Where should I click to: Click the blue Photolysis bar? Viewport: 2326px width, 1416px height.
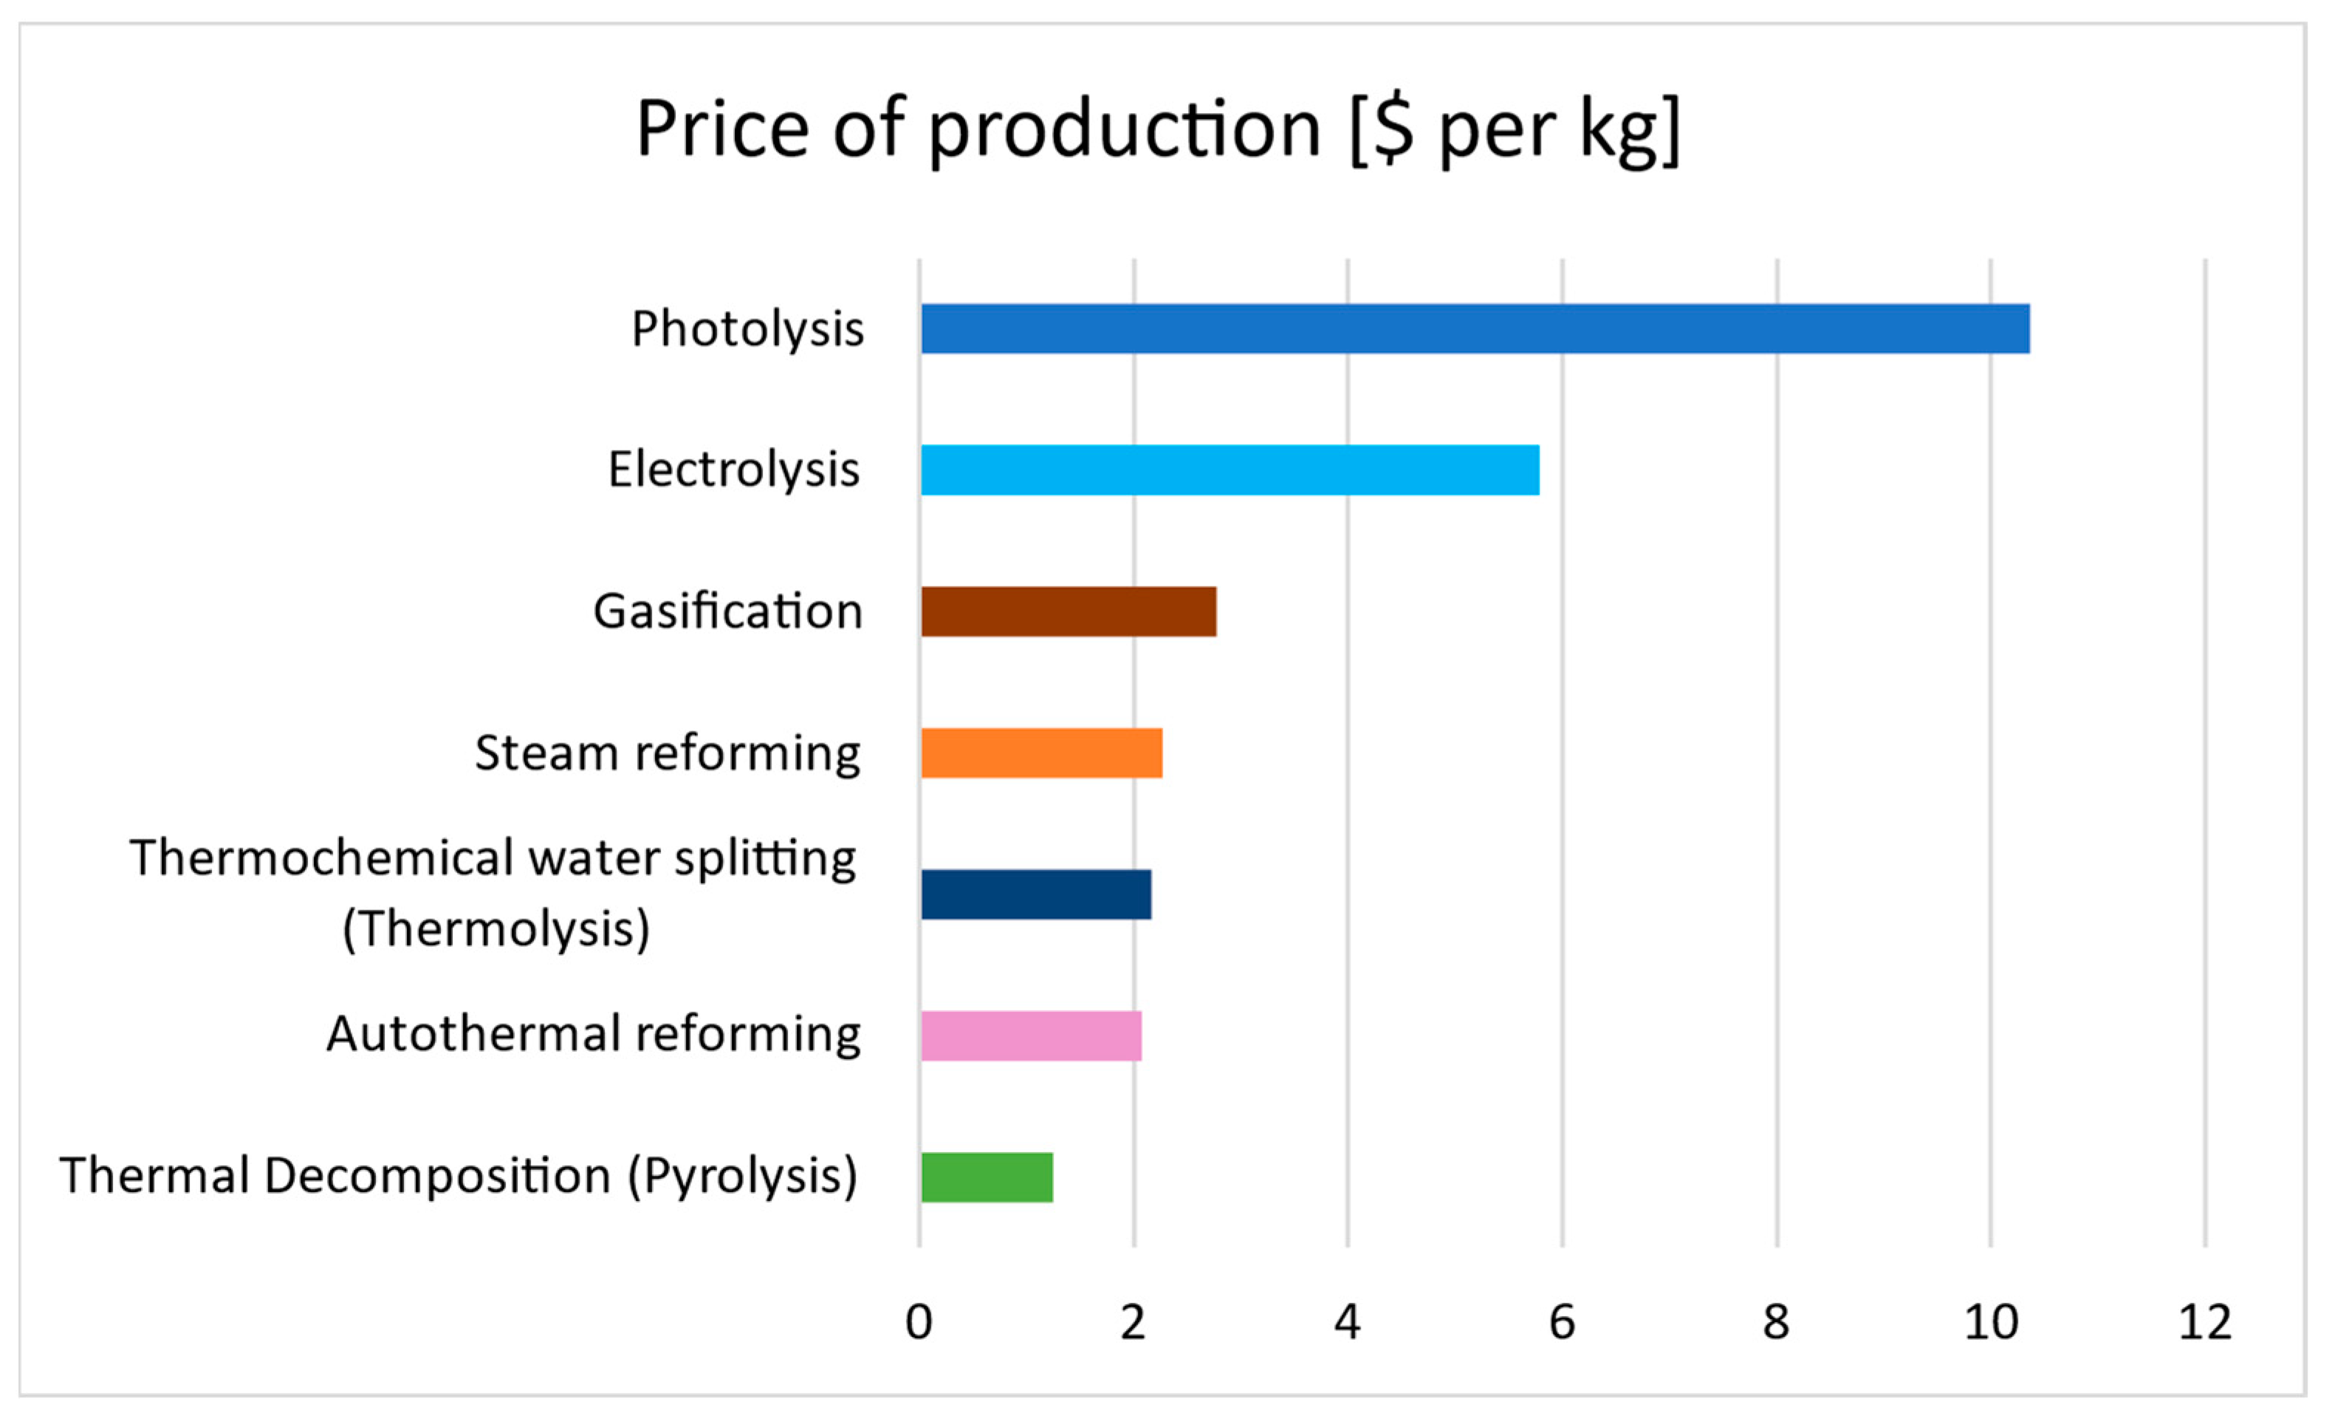pyautogui.click(x=1475, y=329)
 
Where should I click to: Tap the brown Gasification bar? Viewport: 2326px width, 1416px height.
pyautogui.click(x=1068, y=612)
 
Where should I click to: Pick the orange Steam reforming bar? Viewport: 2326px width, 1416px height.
pyautogui.click(x=1041, y=753)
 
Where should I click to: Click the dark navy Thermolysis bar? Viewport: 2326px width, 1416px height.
pyautogui.click(x=1035, y=894)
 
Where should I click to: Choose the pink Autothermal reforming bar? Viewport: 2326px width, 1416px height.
pyautogui.click(x=1031, y=1036)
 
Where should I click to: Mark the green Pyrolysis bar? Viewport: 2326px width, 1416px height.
pyautogui.click(x=987, y=1177)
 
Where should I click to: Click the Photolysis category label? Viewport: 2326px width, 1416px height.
pyautogui.click(x=747, y=329)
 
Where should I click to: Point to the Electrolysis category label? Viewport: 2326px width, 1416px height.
pyautogui.click(x=733, y=470)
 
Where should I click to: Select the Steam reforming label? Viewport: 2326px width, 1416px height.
pyautogui.click(x=667, y=753)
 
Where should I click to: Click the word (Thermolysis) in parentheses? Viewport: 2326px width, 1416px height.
pyautogui.click(x=495, y=929)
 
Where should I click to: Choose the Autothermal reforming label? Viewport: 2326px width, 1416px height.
pyautogui.click(x=593, y=1033)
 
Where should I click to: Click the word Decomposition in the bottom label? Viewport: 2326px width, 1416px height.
pyautogui.click(x=437, y=1176)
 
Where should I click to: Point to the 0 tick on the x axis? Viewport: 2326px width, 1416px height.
pyautogui.click(x=919, y=1322)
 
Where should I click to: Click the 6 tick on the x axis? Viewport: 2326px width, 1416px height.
pyautogui.click(x=1562, y=1322)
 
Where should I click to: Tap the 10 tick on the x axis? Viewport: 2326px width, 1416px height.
pyautogui.click(x=1991, y=1322)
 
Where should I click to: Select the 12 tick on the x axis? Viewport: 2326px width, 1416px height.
pyautogui.click(x=2205, y=1322)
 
